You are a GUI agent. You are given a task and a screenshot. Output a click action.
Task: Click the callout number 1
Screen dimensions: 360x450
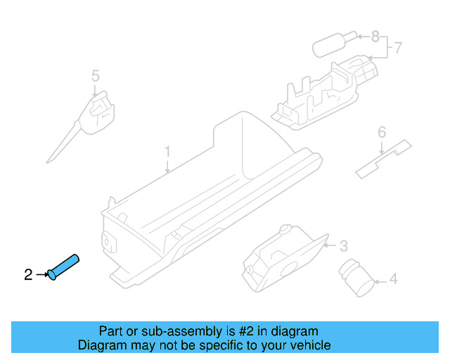pos(167,151)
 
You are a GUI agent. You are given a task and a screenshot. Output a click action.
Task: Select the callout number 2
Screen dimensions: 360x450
pos(28,275)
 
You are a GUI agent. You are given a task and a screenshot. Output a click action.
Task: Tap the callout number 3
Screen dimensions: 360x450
pos(343,245)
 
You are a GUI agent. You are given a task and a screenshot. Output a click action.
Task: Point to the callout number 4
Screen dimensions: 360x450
pos(393,280)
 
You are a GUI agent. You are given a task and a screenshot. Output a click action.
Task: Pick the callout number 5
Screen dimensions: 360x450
pos(96,75)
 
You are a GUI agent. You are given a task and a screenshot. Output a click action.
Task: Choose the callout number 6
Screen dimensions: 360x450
pos(382,131)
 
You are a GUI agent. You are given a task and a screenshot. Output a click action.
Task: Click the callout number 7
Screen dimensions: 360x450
pos(397,48)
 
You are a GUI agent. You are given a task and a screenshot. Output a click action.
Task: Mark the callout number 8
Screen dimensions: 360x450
pos(375,35)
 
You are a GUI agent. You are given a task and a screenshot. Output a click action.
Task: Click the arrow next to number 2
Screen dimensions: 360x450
pos(41,275)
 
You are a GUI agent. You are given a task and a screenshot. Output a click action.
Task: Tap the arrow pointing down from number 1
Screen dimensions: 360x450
pos(167,166)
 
